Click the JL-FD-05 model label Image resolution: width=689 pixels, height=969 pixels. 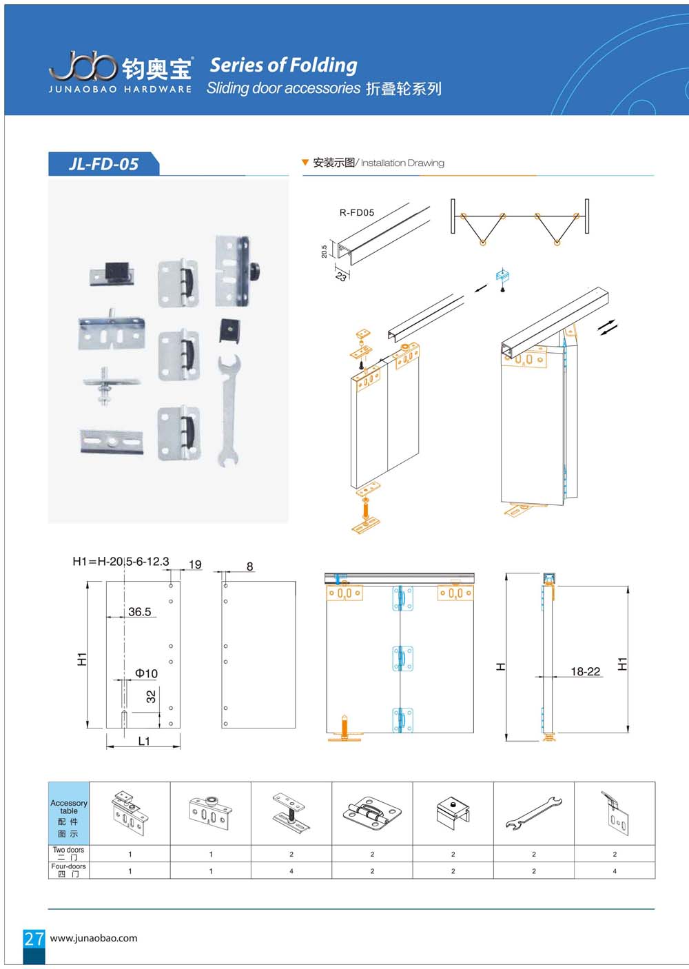point(103,164)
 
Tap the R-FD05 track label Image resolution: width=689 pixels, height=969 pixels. point(356,212)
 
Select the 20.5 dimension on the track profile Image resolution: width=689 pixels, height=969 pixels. point(325,252)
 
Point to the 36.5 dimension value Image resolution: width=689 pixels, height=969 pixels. point(139,612)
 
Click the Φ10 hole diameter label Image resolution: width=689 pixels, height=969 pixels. point(146,673)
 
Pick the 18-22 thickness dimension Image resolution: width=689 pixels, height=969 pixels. point(585,671)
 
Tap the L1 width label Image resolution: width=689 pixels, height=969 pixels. point(144,741)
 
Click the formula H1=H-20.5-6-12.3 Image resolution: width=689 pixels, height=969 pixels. point(121,562)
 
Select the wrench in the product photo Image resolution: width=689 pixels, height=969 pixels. point(229,411)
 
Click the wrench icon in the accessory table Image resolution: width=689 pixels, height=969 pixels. point(534,814)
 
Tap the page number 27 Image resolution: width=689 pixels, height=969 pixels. point(34,939)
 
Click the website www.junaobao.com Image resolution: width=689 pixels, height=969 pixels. point(94,938)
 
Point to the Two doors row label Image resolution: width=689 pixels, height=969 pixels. point(68,853)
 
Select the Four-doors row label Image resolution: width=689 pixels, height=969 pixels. point(68,870)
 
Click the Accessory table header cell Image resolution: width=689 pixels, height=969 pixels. point(69,813)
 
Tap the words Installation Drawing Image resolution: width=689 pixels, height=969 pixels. point(402,163)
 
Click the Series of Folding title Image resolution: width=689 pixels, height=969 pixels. point(284,65)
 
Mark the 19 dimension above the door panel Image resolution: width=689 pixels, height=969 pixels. point(195,564)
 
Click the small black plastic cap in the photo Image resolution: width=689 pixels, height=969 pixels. point(230,330)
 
